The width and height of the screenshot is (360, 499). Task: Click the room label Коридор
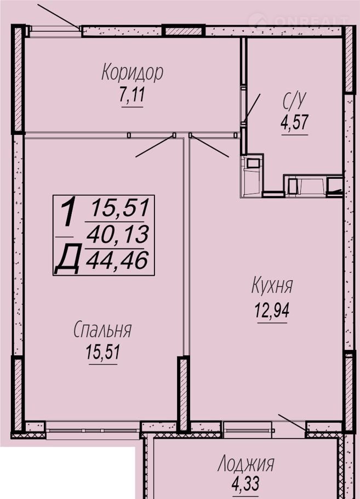click(132, 73)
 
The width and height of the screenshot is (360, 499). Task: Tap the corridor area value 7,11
click(132, 94)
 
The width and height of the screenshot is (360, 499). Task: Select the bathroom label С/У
click(294, 102)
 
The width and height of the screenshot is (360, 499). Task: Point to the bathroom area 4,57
click(294, 122)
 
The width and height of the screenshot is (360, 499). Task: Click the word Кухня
click(272, 285)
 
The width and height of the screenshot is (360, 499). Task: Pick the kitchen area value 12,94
click(272, 310)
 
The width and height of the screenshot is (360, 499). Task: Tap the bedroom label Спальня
click(102, 330)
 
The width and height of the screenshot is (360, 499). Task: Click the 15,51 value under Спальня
click(102, 352)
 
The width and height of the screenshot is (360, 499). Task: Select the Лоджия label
click(245, 464)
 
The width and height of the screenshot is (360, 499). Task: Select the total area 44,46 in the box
click(117, 260)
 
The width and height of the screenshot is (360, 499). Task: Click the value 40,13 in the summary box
click(117, 235)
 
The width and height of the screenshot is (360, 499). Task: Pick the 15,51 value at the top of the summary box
click(120, 208)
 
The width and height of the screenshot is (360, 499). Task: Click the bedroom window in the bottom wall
click(93, 430)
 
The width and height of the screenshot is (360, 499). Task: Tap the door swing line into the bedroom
click(155, 146)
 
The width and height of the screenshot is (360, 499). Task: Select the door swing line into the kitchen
click(209, 146)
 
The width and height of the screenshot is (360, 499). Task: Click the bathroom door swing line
click(252, 109)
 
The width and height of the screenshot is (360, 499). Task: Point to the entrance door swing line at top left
click(59, 16)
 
